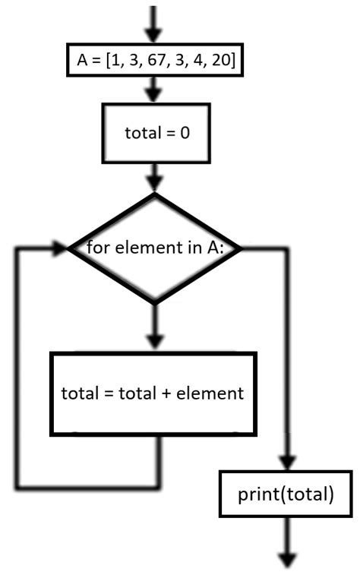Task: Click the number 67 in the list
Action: coord(157,60)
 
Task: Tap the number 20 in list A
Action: coord(221,60)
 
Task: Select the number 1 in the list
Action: coord(115,60)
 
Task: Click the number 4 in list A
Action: coord(198,60)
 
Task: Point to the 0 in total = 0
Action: coord(185,132)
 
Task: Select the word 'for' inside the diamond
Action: coord(98,247)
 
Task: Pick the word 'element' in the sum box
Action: coord(210,393)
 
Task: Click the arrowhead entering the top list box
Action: coord(153,35)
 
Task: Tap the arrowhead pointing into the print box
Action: coord(287,462)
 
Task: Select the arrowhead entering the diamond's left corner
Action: coord(60,248)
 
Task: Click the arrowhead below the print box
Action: coord(288,561)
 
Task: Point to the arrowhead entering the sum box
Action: coord(155,342)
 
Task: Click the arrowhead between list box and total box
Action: coord(153,94)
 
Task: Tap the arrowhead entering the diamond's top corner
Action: coord(154,183)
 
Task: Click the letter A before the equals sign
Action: coord(82,60)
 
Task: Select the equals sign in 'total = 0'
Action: coord(170,133)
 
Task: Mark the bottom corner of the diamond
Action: coord(155,305)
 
